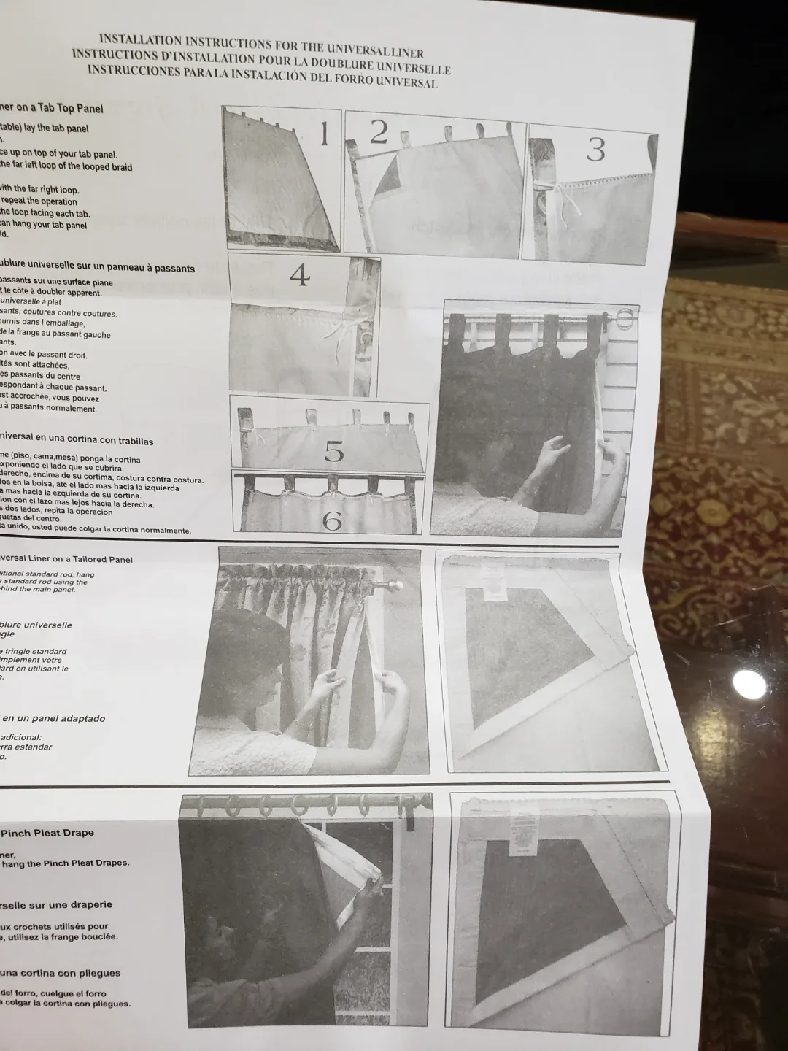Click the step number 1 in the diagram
point(324,134)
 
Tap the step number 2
point(378,132)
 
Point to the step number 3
point(595,150)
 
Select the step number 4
point(299,275)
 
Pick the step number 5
point(333,453)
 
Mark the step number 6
point(332,520)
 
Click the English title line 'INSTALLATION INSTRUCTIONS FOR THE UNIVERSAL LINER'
point(261,45)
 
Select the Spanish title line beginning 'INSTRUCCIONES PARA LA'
point(263,76)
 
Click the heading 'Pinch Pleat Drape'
point(47,833)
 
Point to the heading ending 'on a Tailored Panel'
point(66,559)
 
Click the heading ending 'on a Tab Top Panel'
point(51,108)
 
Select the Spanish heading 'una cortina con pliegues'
point(60,973)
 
